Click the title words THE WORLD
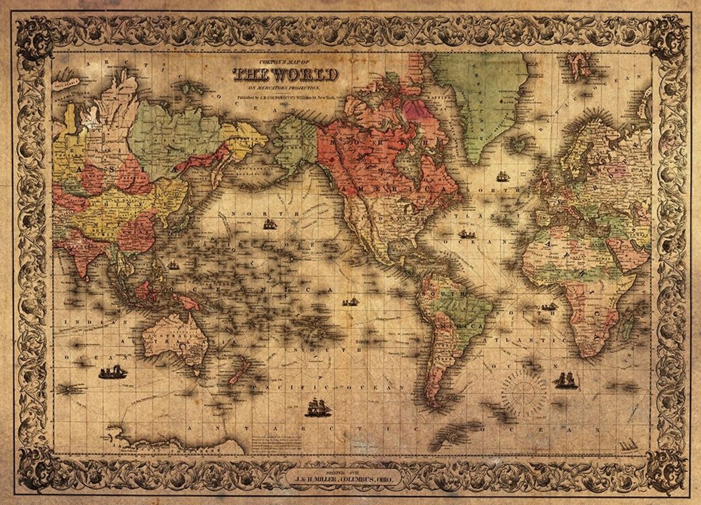(285, 75)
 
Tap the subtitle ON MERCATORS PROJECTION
(285, 88)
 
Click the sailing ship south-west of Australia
(112, 372)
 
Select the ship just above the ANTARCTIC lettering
(318, 408)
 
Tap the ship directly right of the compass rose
(566, 380)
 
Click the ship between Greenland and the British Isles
(502, 176)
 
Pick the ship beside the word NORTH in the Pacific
(270, 223)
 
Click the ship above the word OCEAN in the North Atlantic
(467, 234)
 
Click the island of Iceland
(519, 145)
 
